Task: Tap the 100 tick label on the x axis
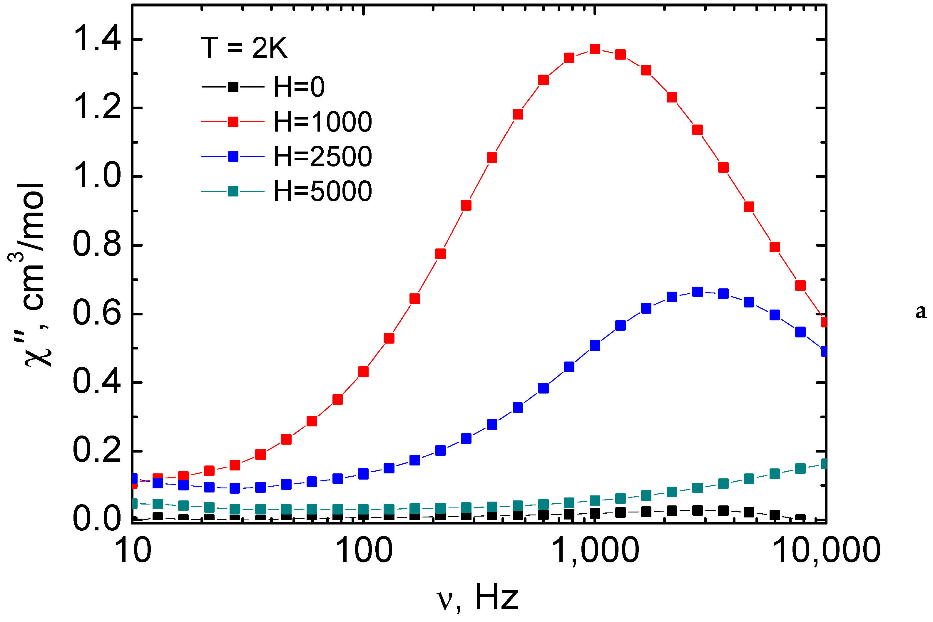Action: pyautogui.click(x=364, y=551)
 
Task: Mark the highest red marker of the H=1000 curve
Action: pyautogui.click(x=595, y=49)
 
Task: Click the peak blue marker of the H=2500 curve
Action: pyautogui.click(x=698, y=292)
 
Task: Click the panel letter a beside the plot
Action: pyautogui.click(x=921, y=312)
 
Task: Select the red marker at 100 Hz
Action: pyautogui.click(x=363, y=372)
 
